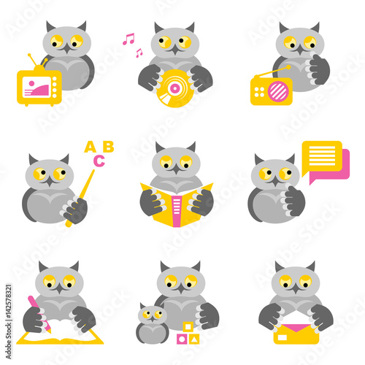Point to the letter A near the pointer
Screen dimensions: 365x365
click(91, 147)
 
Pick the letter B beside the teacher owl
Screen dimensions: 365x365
click(109, 147)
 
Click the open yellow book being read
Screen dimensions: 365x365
click(176, 207)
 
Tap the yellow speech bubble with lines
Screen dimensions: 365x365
click(321, 155)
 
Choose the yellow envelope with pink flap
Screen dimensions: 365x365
click(296, 333)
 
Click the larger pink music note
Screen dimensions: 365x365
click(128, 38)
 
